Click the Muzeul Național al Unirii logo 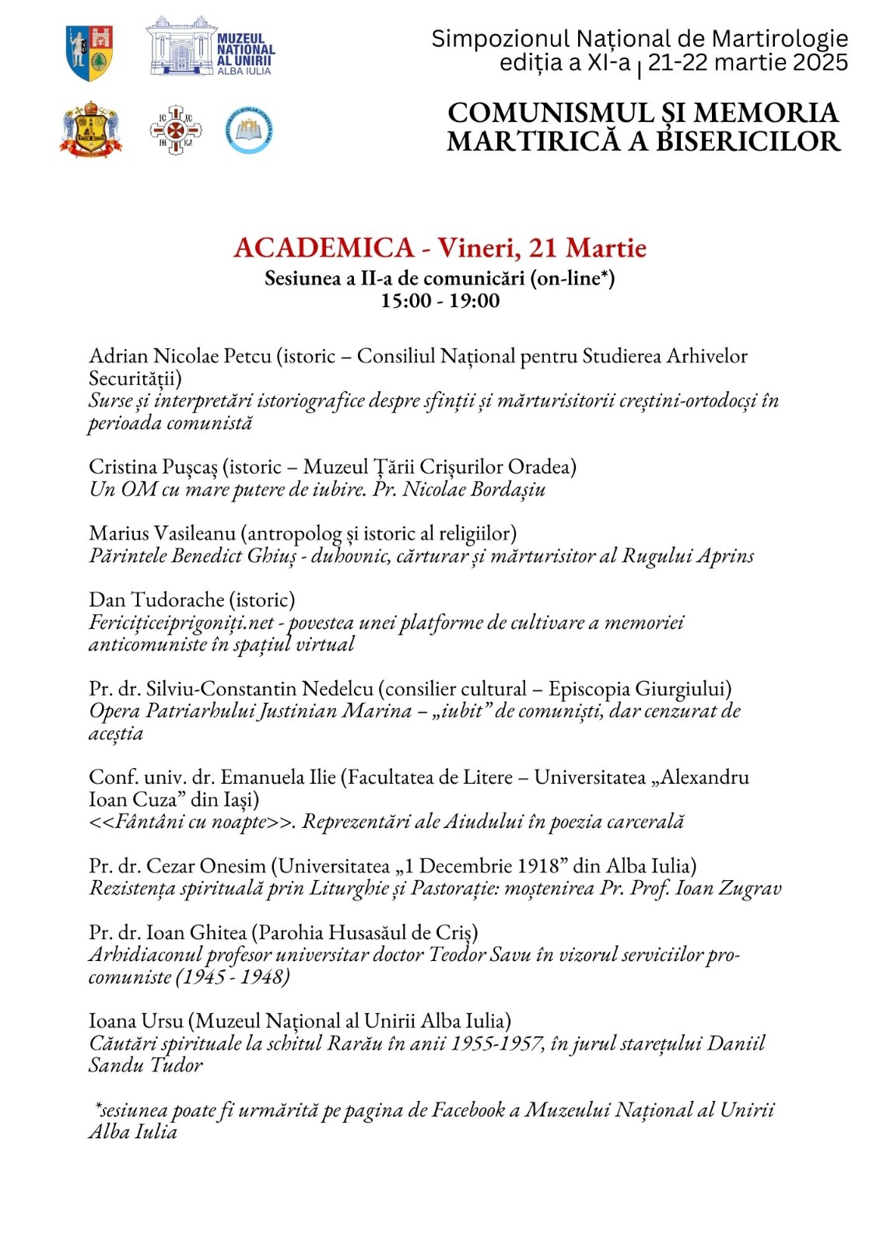coord(210,47)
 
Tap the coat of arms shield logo coord(90,53)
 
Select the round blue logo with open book coord(249,131)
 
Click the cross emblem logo coord(176,130)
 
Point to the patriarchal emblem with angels coord(91,130)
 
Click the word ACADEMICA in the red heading coord(324,248)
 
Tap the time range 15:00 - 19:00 coord(440,301)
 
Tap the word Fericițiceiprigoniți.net coord(182,623)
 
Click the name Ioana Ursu coord(136,1021)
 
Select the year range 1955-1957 coord(497,1043)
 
